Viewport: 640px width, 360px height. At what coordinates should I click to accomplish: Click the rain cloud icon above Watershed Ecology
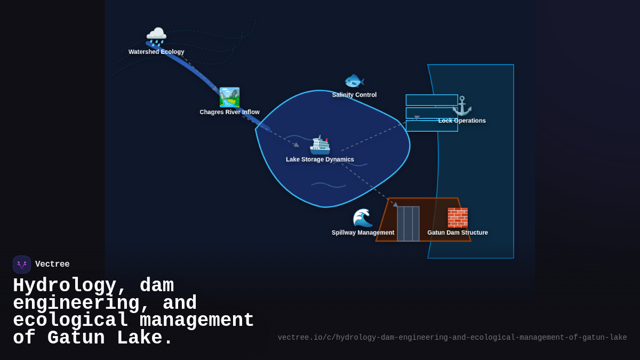click(x=156, y=36)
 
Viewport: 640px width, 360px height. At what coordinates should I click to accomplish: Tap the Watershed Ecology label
click(x=156, y=52)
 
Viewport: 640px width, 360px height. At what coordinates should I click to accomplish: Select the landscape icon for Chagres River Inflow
click(x=229, y=97)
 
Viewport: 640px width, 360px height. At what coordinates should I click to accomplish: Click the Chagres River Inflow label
click(x=229, y=112)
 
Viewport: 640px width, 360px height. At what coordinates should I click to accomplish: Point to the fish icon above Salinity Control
click(x=354, y=81)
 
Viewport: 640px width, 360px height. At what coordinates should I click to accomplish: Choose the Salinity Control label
click(x=354, y=95)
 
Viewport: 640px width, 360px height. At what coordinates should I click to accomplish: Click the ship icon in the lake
click(x=320, y=145)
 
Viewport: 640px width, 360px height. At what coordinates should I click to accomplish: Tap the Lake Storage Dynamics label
click(x=320, y=159)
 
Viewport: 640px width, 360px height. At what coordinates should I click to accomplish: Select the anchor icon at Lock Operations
click(x=462, y=106)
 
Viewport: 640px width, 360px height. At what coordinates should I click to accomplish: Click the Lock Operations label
click(x=462, y=121)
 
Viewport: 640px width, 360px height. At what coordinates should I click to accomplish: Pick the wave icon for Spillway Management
click(x=363, y=218)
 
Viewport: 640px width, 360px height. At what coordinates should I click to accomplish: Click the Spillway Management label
click(x=363, y=233)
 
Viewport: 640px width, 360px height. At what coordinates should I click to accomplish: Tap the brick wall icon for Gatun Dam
click(x=458, y=218)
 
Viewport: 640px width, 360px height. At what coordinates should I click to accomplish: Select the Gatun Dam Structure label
click(x=458, y=233)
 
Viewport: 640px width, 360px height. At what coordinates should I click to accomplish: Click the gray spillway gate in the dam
click(x=408, y=224)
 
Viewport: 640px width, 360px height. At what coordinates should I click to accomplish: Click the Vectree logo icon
click(x=22, y=265)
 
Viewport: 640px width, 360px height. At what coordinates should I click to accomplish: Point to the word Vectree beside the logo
click(x=52, y=265)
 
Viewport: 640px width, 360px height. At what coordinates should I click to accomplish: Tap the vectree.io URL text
click(x=452, y=338)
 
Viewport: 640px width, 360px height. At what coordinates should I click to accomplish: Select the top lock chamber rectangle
click(x=431, y=100)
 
